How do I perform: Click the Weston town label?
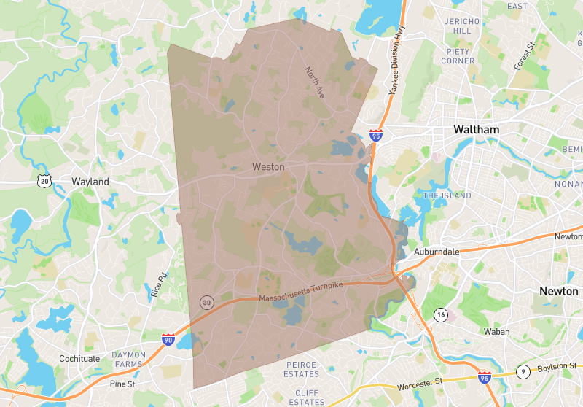(268, 167)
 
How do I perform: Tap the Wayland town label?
(90, 182)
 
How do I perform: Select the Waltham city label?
(476, 130)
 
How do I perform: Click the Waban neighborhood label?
(495, 332)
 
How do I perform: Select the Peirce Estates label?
(302, 370)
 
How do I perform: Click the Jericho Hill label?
(462, 26)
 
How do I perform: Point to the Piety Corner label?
(458, 56)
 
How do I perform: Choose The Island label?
(447, 195)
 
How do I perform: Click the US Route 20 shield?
(45, 180)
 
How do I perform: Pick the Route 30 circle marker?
(207, 301)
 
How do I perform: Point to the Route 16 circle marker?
(440, 314)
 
